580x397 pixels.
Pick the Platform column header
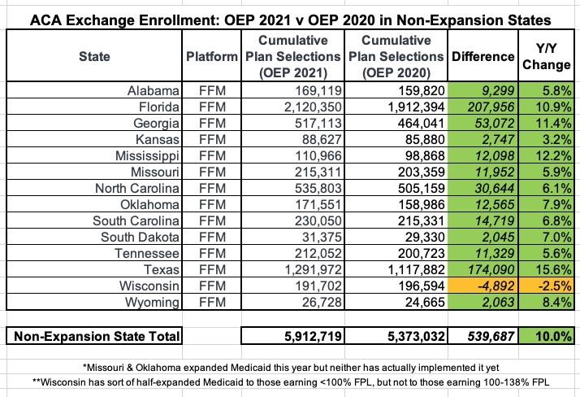click(x=211, y=56)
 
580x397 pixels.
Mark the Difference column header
click(x=483, y=56)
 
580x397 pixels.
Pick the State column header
click(x=94, y=56)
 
